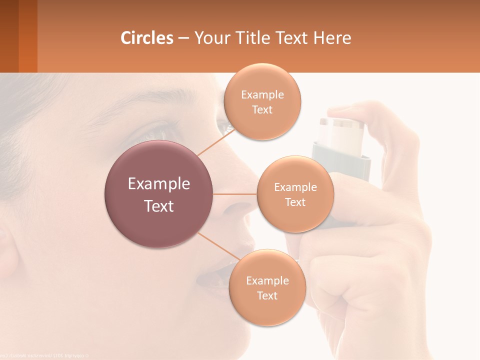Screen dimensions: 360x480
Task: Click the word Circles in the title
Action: click(x=146, y=37)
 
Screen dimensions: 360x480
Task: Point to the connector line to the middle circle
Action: click(x=235, y=194)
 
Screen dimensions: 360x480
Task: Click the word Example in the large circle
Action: click(x=159, y=184)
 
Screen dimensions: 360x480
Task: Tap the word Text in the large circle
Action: click(x=159, y=206)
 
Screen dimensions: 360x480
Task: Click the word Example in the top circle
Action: click(x=262, y=94)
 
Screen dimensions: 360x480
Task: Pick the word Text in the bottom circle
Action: click(x=267, y=295)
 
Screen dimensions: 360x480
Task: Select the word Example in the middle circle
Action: click(x=295, y=187)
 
